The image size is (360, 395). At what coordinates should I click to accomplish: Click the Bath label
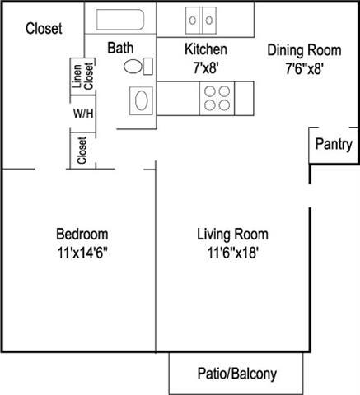[119, 48]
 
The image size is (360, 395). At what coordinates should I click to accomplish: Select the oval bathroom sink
[139, 101]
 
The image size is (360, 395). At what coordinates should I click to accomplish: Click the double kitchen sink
[200, 19]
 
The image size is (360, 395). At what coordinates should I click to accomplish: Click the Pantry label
[334, 144]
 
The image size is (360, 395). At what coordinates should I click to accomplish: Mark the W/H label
[84, 113]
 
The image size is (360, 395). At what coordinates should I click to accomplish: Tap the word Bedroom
[81, 234]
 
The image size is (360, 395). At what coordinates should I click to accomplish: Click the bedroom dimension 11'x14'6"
[81, 253]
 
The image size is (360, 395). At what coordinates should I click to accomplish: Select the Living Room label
[232, 234]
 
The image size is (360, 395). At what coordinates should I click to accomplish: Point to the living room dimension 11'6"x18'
[232, 253]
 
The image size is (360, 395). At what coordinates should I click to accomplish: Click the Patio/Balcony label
[237, 373]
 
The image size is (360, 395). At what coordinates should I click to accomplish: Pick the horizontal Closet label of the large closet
[44, 29]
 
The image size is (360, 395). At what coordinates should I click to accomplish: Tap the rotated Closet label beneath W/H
[82, 150]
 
